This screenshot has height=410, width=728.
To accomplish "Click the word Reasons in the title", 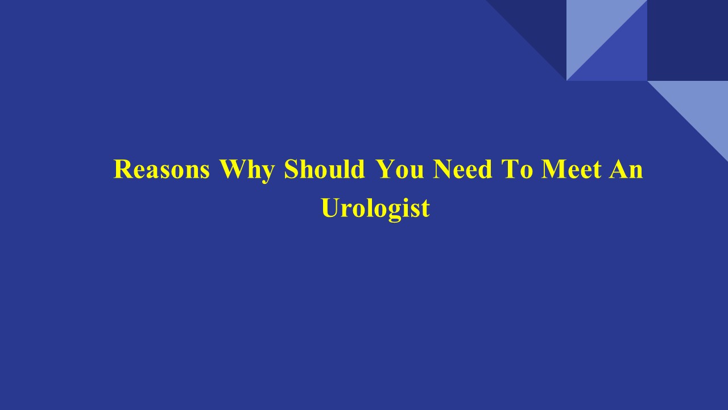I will [162, 170].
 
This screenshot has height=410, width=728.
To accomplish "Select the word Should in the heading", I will [324, 170].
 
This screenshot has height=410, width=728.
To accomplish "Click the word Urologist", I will [375, 208].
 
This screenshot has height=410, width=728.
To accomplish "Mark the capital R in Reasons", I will [123, 170].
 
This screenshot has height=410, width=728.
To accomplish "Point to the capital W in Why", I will [233, 170].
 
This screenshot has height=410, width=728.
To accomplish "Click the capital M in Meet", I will [553, 170].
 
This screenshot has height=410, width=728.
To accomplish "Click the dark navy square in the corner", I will [688, 40].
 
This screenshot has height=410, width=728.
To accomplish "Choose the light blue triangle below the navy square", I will [702, 105].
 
